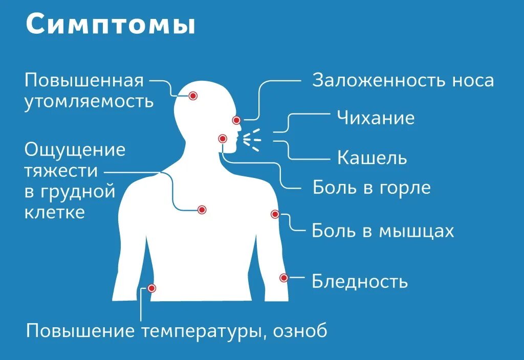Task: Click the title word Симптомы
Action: pyautogui.click(x=111, y=25)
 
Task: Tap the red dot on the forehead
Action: pyautogui.click(x=193, y=96)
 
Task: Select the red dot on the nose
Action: pyautogui.click(x=236, y=120)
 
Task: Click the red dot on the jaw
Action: pyautogui.click(x=222, y=139)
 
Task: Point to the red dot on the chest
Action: pyautogui.click(x=202, y=210)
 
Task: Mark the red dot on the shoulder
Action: pyautogui.click(x=275, y=214)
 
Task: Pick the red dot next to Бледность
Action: pyautogui.click(x=284, y=278)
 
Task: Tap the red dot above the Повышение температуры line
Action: pyautogui.click(x=151, y=288)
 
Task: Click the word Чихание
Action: pyautogui.click(x=376, y=119)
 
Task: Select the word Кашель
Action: pyautogui.click(x=372, y=158)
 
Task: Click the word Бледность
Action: pyautogui.click(x=360, y=282)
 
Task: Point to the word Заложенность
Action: pyautogui.click(x=378, y=80)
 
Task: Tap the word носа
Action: pyautogui.click(x=473, y=80)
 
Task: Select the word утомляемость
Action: pyautogui.click(x=89, y=101)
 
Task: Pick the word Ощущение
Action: pyautogui.click(x=75, y=150)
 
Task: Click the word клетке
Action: pyautogui.click(x=54, y=212)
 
